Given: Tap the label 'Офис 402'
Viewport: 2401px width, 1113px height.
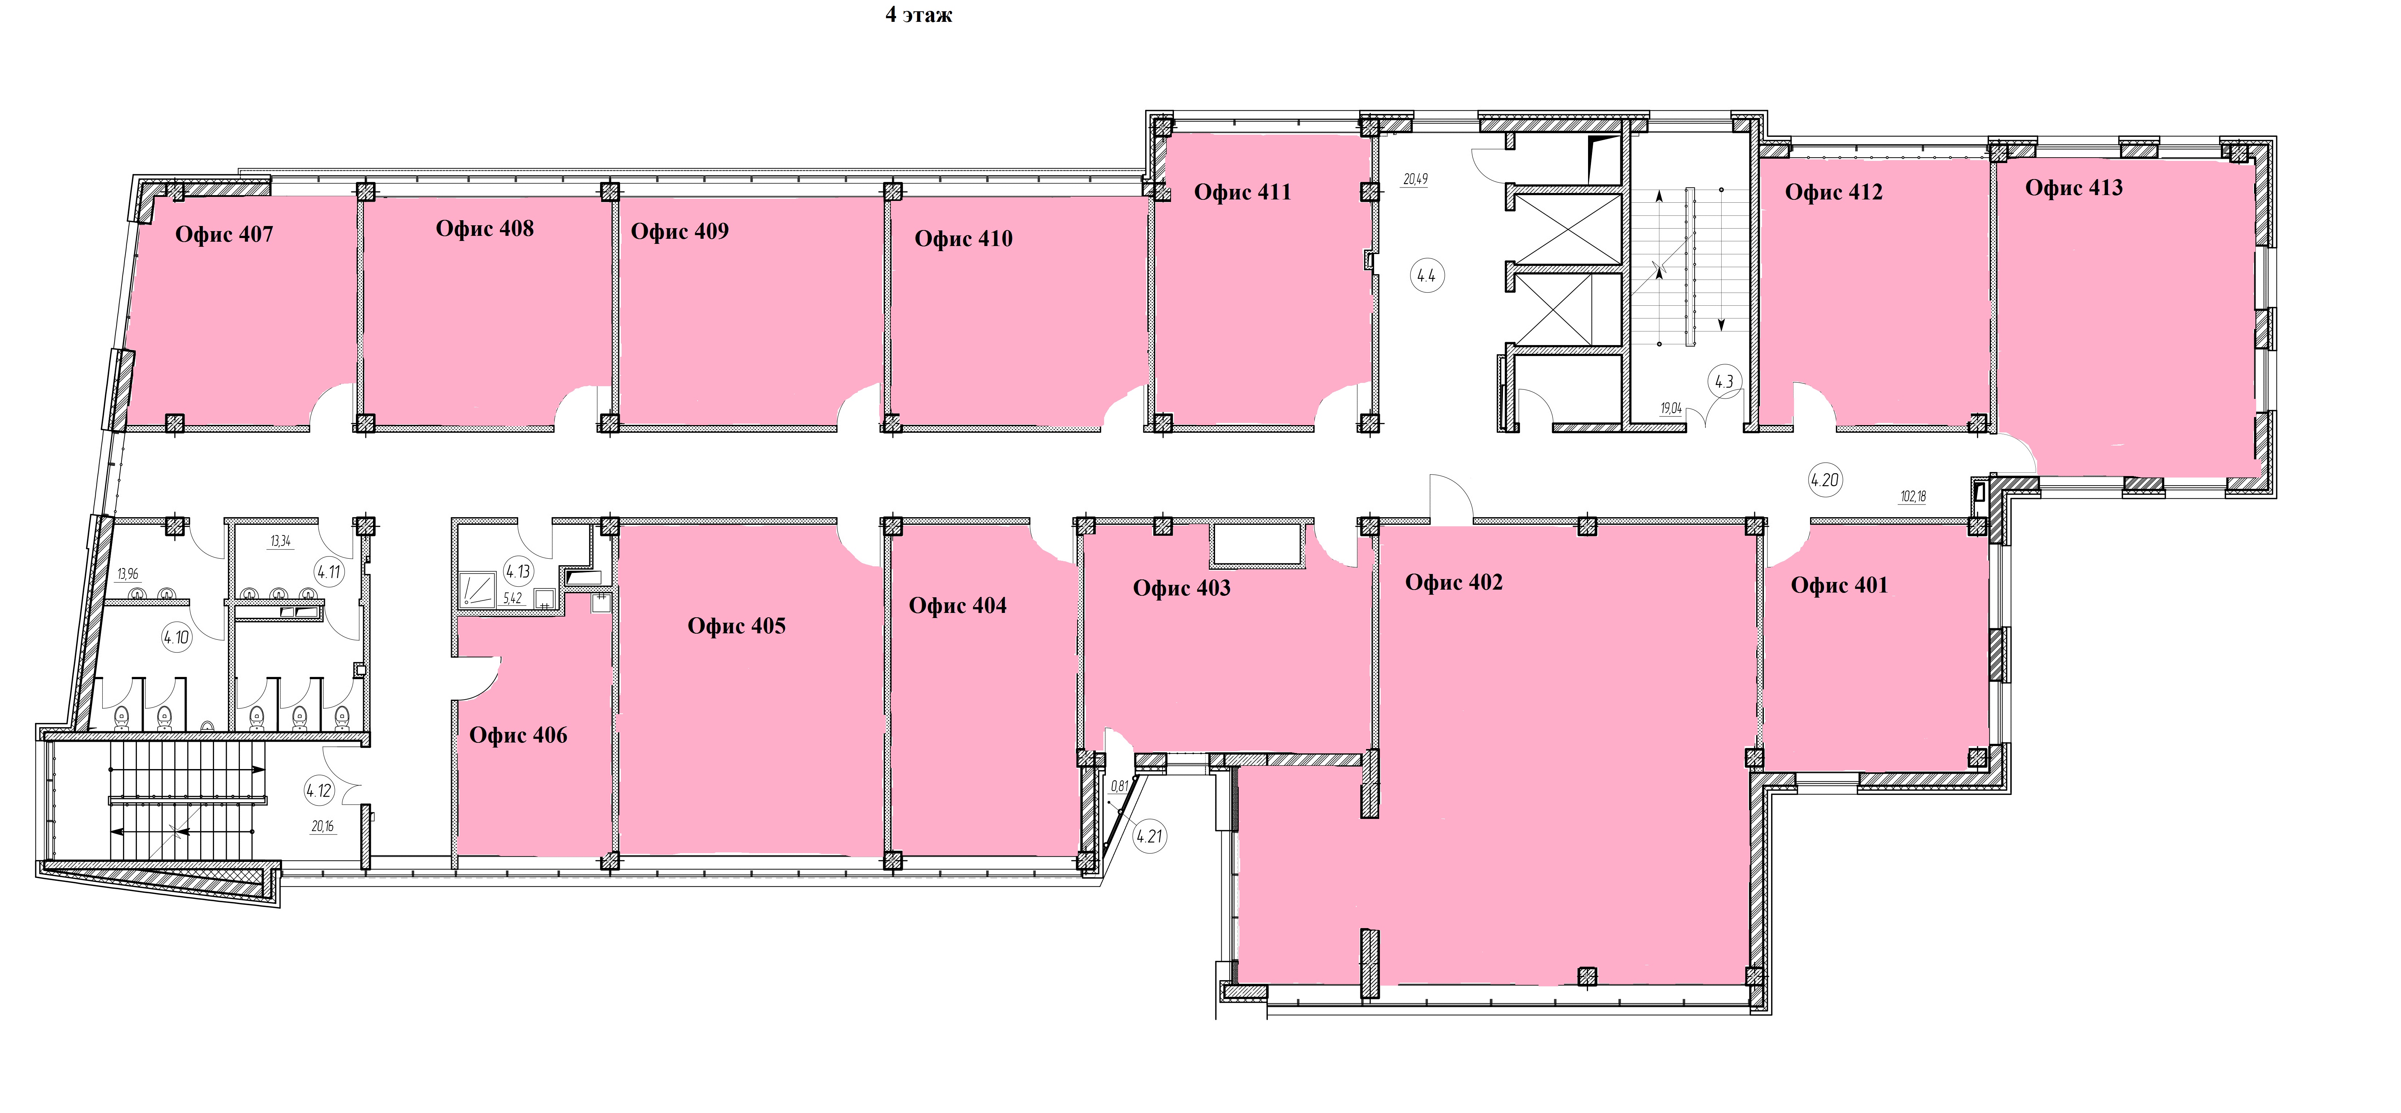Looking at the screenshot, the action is (x=1454, y=583).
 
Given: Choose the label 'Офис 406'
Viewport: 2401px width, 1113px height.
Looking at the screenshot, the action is (x=518, y=736).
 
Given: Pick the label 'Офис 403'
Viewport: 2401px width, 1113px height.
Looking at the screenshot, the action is (x=1182, y=588).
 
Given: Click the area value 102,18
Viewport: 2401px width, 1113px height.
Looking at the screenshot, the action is (x=1913, y=497).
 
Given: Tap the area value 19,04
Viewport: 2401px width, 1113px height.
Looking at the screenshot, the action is (x=1671, y=408).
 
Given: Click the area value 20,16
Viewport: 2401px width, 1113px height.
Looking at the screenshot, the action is (x=322, y=826).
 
